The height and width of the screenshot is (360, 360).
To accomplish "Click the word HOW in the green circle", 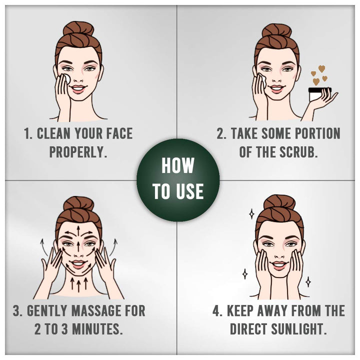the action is tap(177, 165).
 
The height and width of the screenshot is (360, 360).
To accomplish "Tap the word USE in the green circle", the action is tap(190, 191).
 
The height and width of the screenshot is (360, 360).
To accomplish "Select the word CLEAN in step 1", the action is tap(53, 133).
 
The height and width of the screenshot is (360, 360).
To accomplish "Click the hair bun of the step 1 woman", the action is tap(78, 28).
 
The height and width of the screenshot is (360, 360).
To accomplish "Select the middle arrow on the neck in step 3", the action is tap(79, 285).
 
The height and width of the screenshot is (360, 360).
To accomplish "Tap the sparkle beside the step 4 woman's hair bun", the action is tap(252, 214).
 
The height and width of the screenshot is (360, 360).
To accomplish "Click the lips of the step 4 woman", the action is tap(279, 265).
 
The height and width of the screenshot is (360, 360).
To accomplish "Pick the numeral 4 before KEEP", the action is tap(216, 311).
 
